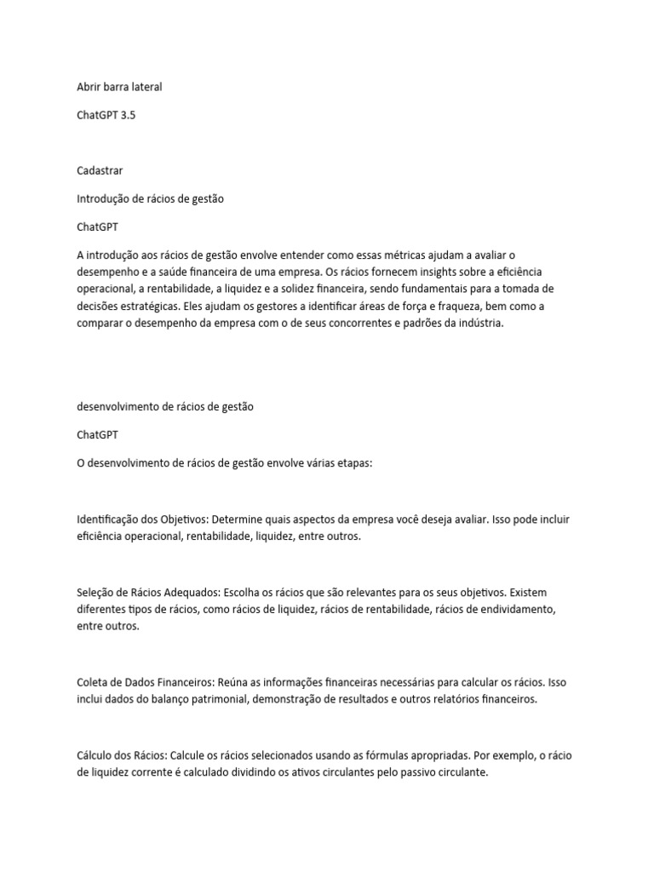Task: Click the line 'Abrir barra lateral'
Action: tap(119, 87)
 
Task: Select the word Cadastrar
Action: tap(100, 170)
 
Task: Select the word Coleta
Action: tap(92, 682)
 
